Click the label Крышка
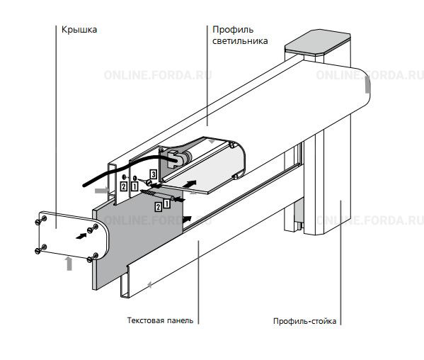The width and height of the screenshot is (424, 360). point(79,30)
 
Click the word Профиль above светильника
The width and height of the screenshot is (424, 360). point(233,30)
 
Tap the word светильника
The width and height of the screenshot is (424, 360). point(240,41)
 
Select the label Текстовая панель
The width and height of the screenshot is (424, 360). point(160,320)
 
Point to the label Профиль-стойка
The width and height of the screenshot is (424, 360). point(305,321)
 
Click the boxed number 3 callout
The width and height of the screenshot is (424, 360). point(154,174)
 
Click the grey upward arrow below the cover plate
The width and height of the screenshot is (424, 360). point(69,264)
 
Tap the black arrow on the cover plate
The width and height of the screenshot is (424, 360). point(81,236)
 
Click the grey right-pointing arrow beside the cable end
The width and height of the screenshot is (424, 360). point(102,191)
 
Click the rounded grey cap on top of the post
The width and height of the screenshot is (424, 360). point(318,43)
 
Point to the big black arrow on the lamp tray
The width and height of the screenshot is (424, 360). point(190,184)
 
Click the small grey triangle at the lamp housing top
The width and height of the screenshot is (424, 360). point(212,141)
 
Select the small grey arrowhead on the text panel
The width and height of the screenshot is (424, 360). point(149,284)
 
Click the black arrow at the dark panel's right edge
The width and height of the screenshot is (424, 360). point(187,219)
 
